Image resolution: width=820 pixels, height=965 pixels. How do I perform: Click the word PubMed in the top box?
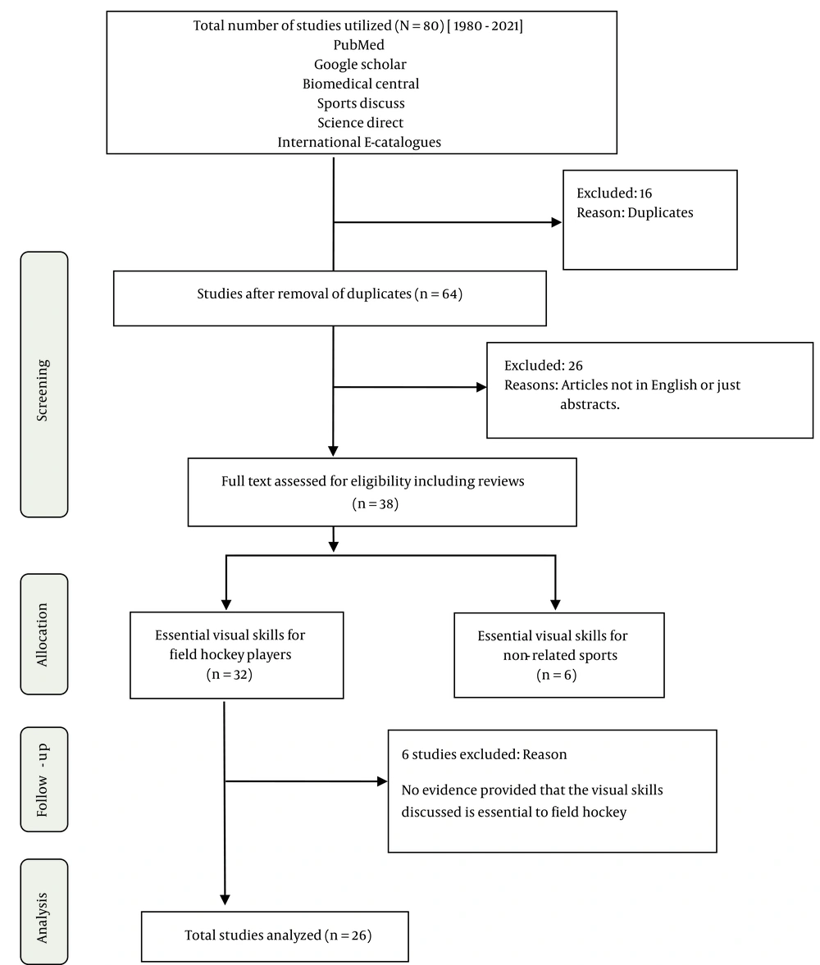pos(359,45)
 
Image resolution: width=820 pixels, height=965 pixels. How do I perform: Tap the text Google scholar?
pos(360,65)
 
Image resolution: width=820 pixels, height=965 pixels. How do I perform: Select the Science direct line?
pos(360,122)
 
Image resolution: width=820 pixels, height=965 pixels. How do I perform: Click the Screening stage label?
pos(43,390)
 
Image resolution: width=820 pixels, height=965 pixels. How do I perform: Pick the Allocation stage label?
pos(43,635)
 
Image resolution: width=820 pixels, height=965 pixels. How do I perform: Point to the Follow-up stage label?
pos(43,780)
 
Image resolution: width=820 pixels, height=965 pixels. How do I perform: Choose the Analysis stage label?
pos(43,917)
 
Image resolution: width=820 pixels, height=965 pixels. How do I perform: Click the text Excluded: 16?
pos(613,193)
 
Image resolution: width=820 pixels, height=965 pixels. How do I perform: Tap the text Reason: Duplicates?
pos(635,213)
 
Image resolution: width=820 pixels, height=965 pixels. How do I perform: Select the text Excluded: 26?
pos(543,366)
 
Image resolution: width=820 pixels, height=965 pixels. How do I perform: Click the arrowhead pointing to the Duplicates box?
pos(557,222)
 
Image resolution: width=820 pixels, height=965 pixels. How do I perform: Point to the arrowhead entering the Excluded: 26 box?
pos(481,387)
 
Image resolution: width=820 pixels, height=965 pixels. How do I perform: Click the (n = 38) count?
pos(376,504)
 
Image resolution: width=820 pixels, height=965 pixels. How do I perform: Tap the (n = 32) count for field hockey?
pos(230,675)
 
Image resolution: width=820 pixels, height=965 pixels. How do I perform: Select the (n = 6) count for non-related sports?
pos(557,675)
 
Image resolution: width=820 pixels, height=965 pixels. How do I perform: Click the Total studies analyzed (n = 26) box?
pos(275,936)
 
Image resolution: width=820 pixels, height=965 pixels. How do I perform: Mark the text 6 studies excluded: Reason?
pos(484,754)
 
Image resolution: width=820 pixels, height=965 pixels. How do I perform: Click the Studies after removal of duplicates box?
pos(330,298)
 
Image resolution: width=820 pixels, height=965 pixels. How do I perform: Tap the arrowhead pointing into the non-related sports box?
pos(555,605)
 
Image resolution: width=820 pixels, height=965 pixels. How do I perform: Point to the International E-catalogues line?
pos(359,142)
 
